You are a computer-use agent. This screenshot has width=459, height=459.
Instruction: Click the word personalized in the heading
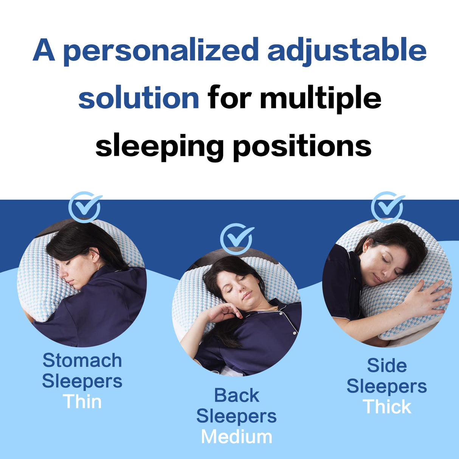point(160,51)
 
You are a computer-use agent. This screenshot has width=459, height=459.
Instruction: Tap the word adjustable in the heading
point(346,51)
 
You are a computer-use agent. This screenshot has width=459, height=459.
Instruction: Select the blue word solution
point(138,98)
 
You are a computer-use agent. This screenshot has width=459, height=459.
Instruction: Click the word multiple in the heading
point(320,98)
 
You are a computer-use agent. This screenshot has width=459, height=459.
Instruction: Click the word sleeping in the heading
point(160,147)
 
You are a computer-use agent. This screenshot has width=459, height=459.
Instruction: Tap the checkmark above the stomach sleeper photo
point(85,206)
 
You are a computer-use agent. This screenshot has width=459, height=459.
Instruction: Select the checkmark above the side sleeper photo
point(388,206)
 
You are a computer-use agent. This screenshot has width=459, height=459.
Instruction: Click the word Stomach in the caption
point(82,360)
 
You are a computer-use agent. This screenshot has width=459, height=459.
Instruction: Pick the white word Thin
point(82,402)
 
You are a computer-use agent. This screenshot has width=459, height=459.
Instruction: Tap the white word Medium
point(237,437)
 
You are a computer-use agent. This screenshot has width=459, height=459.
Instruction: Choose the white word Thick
point(387,407)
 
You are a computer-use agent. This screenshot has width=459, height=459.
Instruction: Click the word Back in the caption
point(237,395)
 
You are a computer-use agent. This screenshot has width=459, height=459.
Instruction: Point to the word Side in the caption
point(387,366)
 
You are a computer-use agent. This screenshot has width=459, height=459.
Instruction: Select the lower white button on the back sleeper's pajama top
point(295,333)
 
